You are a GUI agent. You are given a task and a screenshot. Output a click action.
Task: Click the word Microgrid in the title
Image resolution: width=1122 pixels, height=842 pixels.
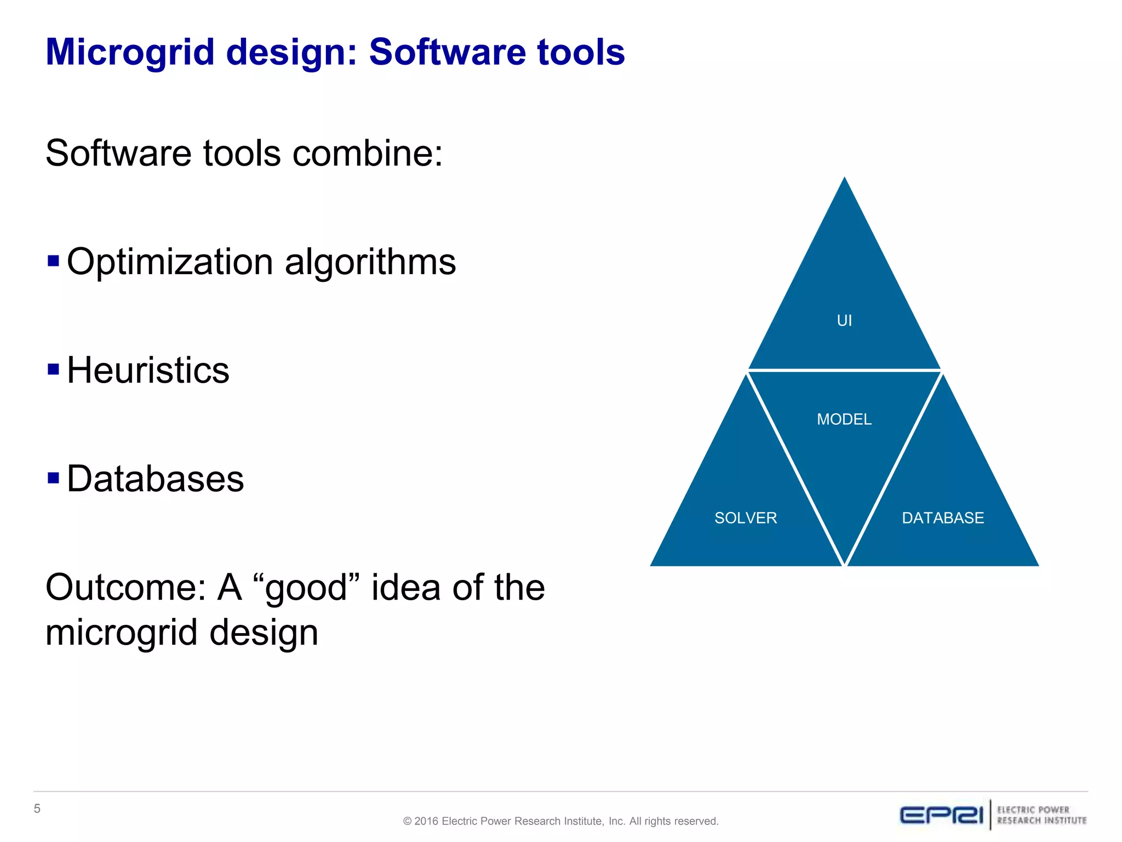130,53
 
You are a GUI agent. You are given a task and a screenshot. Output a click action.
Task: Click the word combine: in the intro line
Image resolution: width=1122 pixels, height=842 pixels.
367,153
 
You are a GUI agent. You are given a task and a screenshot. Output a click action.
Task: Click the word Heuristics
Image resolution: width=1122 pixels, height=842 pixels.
148,370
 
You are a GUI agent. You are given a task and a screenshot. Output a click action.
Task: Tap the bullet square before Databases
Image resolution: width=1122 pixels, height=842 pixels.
53,477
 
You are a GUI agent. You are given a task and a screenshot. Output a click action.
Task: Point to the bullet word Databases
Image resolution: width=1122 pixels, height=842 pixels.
155,479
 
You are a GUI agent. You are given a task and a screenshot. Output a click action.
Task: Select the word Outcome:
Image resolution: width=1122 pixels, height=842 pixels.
125,587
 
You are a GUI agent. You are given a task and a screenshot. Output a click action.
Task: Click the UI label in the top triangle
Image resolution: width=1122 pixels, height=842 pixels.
844,321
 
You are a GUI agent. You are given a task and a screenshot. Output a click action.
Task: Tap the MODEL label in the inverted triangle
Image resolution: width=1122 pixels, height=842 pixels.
844,419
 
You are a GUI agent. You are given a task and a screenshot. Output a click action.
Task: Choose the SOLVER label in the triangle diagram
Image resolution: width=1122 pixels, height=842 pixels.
746,518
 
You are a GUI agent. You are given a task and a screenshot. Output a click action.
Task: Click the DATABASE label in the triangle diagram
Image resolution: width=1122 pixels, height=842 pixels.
943,518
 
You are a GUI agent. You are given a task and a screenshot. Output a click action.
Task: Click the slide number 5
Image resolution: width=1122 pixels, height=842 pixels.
37,809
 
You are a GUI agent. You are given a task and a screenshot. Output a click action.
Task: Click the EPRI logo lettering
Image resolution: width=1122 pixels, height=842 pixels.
941,815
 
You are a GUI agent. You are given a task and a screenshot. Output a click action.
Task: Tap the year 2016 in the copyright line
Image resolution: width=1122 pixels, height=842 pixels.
426,821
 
